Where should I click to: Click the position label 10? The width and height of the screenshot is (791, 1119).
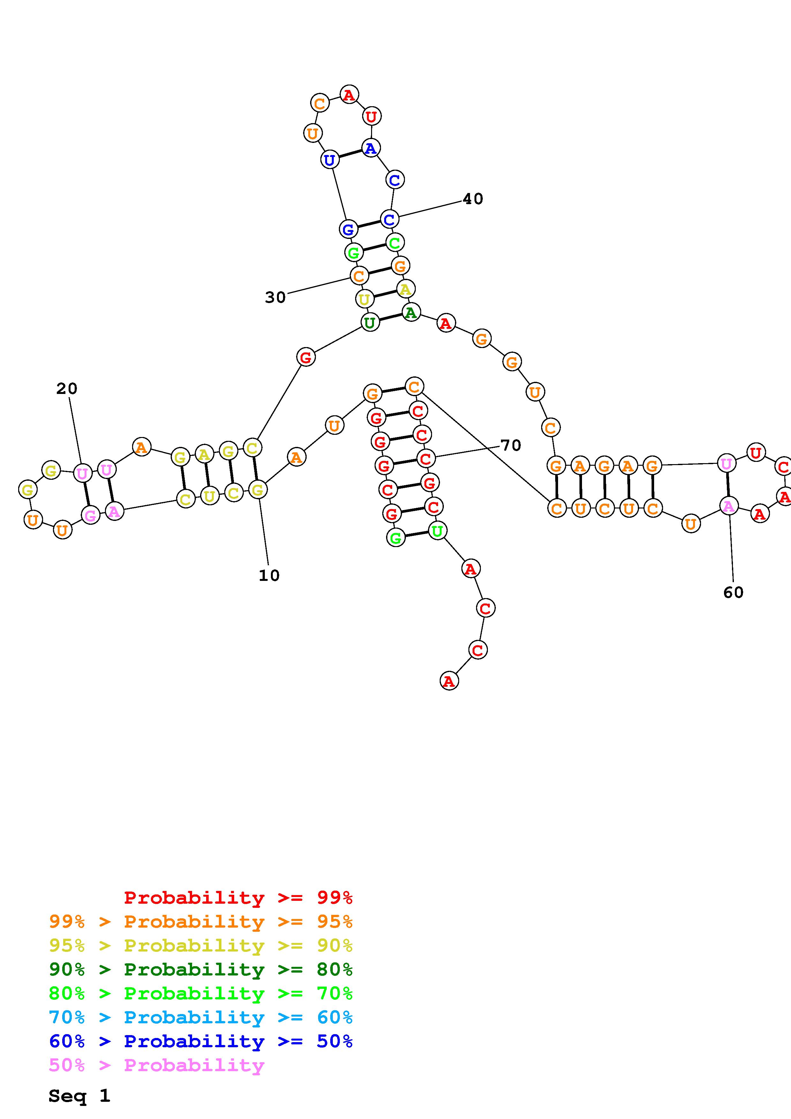(269, 575)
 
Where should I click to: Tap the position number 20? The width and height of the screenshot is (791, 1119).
(67, 389)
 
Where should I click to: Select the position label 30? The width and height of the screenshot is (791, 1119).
(275, 297)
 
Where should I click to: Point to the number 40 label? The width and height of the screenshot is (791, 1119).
(473, 199)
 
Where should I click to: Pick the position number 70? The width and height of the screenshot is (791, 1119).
(511, 445)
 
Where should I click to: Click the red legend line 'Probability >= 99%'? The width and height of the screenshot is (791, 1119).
(238, 897)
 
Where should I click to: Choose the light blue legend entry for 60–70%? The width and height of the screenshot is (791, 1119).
(201, 1017)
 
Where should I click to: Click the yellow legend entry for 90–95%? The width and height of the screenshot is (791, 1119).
(201, 945)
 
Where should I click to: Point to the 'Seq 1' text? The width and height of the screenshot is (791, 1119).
(79, 1096)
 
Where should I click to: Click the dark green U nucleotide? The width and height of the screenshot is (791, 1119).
(370, 322)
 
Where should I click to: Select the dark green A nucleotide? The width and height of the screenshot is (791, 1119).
(411, 312)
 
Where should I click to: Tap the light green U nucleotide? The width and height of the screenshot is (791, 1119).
(437, 530)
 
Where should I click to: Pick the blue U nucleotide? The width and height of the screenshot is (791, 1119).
(330, 159)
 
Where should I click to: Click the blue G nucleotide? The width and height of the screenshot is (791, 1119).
(348, 229)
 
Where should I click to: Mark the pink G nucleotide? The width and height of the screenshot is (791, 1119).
(91, 515)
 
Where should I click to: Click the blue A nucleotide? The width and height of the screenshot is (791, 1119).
(371, 148)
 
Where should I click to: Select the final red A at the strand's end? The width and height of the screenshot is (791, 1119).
(449, 681)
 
